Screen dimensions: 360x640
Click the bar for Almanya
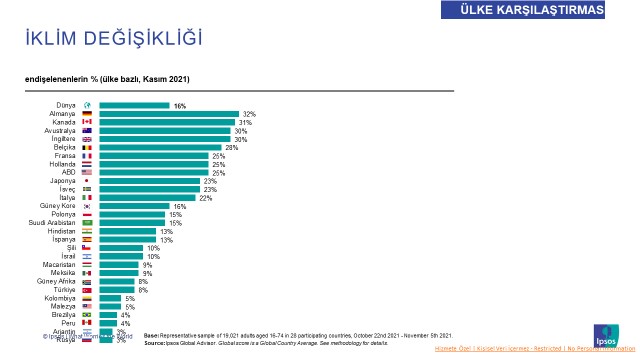pos(168,114)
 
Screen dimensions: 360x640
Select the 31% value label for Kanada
pos(245,122)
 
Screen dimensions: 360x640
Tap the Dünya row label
pos(64,105)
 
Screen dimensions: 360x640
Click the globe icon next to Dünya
pos(87,105)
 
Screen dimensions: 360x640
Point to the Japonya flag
pos(87,181)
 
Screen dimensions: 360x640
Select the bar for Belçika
pos(160,147)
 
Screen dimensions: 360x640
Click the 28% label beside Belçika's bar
pos(231,147)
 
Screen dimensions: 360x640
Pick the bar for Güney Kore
pos(134,206)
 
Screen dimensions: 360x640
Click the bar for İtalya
pos(147,198)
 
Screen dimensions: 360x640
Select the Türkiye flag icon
pos(87,290)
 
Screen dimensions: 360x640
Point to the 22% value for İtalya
pos(205,198)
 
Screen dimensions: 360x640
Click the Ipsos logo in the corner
pos(606,334)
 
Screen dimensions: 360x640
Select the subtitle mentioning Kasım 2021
pos(108,78)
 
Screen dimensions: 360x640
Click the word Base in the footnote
pos(150,335)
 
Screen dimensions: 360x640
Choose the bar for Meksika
pos(118,273)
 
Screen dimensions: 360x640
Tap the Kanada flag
pos(87,122)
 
